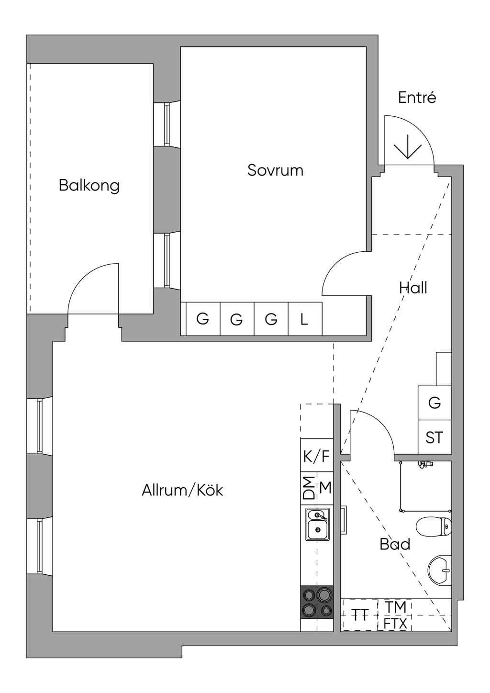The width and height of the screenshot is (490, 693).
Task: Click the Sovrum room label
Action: (275, 170)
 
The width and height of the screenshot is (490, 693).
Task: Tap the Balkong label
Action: (89, 185)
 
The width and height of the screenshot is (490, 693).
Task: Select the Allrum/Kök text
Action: (182, 491)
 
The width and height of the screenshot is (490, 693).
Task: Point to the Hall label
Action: (413, 288)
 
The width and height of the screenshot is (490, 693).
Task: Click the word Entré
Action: (417, 98)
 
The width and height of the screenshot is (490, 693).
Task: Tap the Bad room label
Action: (395, 544)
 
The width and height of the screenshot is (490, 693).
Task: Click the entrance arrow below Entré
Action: (407, 146)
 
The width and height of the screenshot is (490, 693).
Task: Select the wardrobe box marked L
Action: (304, 319)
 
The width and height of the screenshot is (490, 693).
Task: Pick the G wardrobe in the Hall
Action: (434, 403)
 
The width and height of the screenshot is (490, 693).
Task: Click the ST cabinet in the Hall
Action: (434, 437)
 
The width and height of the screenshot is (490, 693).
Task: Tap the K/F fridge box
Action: (316, 457)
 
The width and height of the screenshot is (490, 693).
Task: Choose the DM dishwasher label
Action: (310, 488)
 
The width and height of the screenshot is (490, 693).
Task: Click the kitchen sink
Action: (317, 525)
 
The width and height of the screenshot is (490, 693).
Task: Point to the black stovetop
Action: (317, 602)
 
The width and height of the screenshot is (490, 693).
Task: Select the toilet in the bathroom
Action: (434, 527)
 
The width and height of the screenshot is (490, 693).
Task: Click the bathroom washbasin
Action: (440, 570)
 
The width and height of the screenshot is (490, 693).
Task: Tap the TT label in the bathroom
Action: (359, 615)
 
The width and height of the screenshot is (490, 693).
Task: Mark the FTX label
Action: (395, 624)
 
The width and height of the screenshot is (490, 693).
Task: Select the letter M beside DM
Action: (325, 488)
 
